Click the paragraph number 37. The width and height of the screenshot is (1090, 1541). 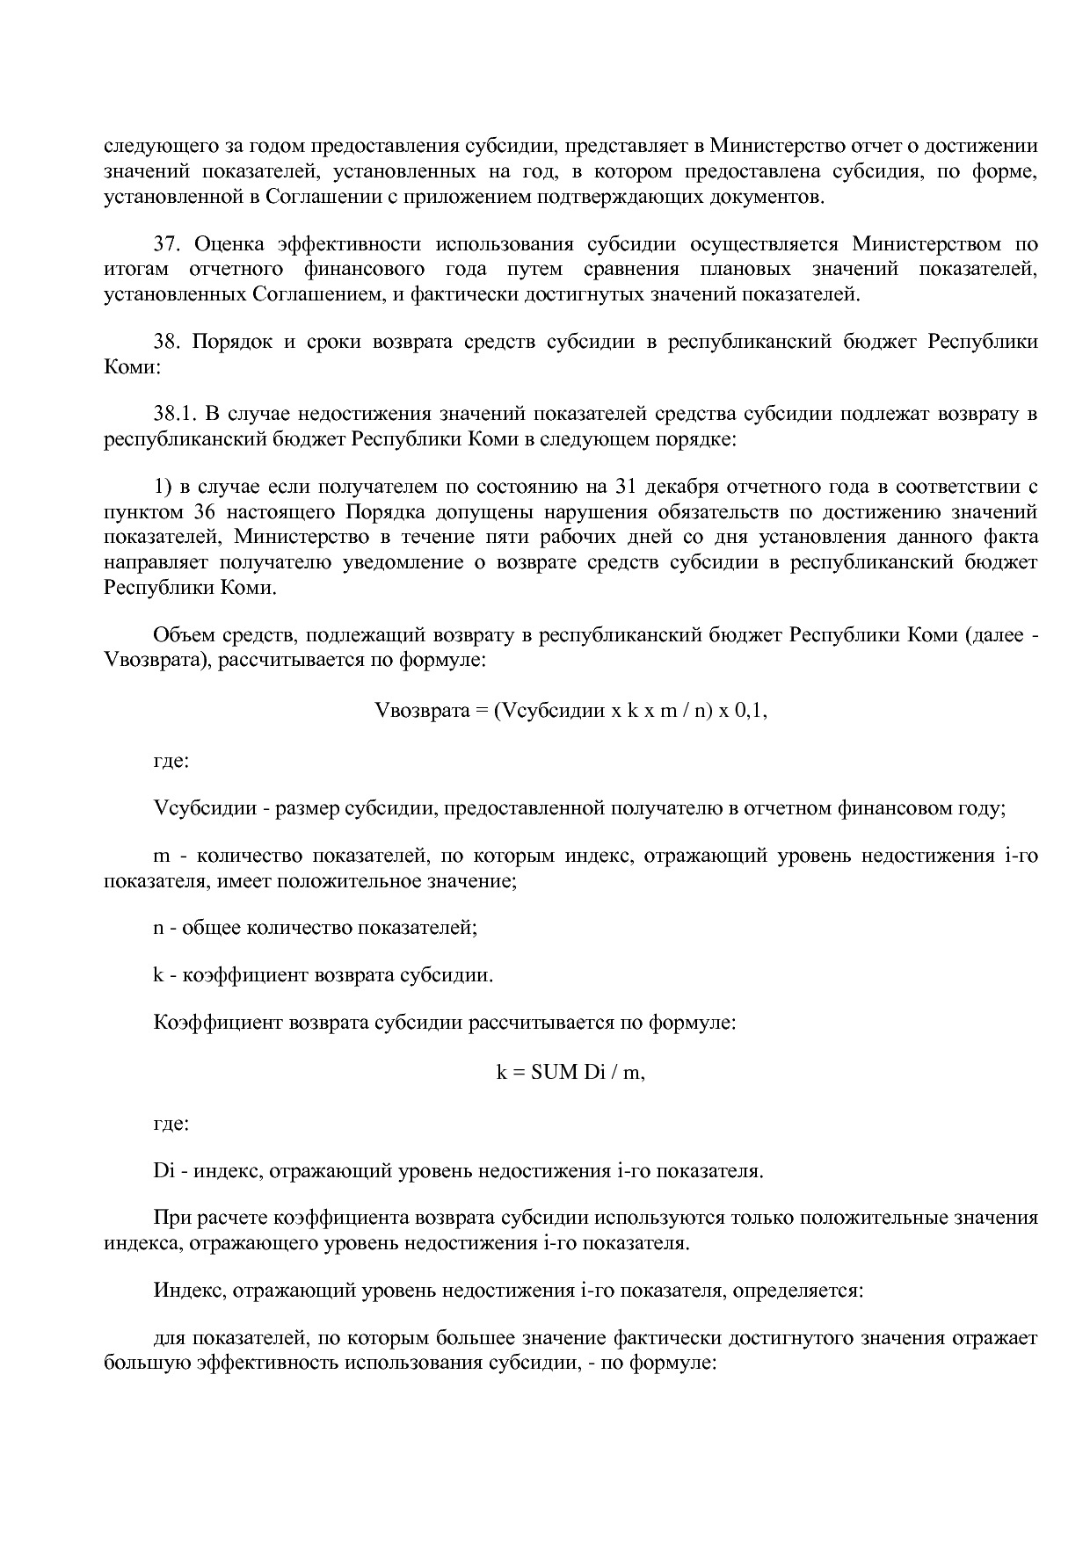pyautogui.click(x=166, y=244)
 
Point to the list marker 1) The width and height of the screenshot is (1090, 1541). pyautogui.click(x=162, y=487)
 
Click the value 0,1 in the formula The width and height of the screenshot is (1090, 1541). pyautogui.click(x=751, y=711)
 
